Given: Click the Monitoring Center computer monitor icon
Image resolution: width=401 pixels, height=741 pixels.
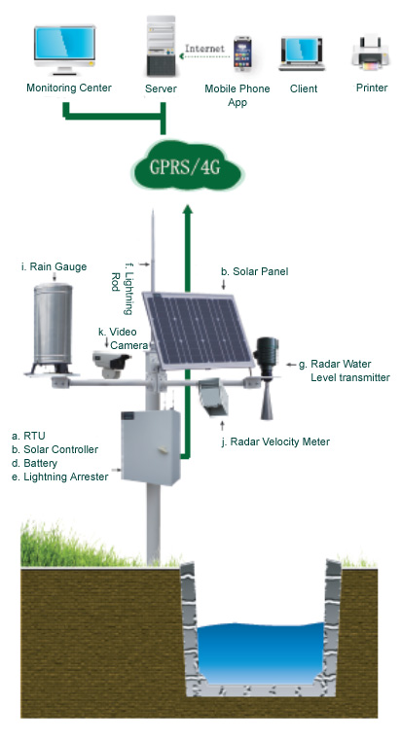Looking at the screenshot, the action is click(x=65, y=51).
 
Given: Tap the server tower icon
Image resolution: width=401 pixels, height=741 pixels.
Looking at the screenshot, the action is click(x=162, y=46).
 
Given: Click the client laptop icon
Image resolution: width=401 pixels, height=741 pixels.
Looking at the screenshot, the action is click(x=302, y=53).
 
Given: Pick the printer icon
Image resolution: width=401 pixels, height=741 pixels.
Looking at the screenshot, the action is click(x=371, y=53).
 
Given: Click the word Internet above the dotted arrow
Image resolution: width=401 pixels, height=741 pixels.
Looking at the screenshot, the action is click(x=204, y=49).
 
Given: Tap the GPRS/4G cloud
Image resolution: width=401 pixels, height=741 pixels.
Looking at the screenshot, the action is click(x=187, y=165).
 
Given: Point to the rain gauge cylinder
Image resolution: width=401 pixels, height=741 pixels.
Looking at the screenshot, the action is click(x=52, y=327).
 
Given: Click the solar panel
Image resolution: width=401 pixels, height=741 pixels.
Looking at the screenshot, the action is click(x=198, y=330).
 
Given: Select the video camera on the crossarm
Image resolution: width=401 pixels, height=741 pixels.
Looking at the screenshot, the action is click(x=111, y=364).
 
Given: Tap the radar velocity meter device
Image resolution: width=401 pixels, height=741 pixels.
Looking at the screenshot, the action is click(x=214, y=397).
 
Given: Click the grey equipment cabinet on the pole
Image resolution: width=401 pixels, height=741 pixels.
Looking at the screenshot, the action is click(x=151, y=446).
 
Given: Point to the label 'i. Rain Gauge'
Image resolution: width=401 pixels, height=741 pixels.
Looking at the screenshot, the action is click(x=54, y=266).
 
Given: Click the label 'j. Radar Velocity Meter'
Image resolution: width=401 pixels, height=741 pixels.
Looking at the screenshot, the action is click(x=275, y=441).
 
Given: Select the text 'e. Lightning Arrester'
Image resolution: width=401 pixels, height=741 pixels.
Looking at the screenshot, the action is click(x=59, y=476).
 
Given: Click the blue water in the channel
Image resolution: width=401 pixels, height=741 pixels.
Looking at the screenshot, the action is click(x=260, y=653).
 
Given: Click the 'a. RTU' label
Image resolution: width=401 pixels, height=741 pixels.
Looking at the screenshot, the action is click(x=28, y=436).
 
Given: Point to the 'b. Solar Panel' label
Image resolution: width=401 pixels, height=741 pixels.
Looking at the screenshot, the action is click(x=254, y=271).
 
